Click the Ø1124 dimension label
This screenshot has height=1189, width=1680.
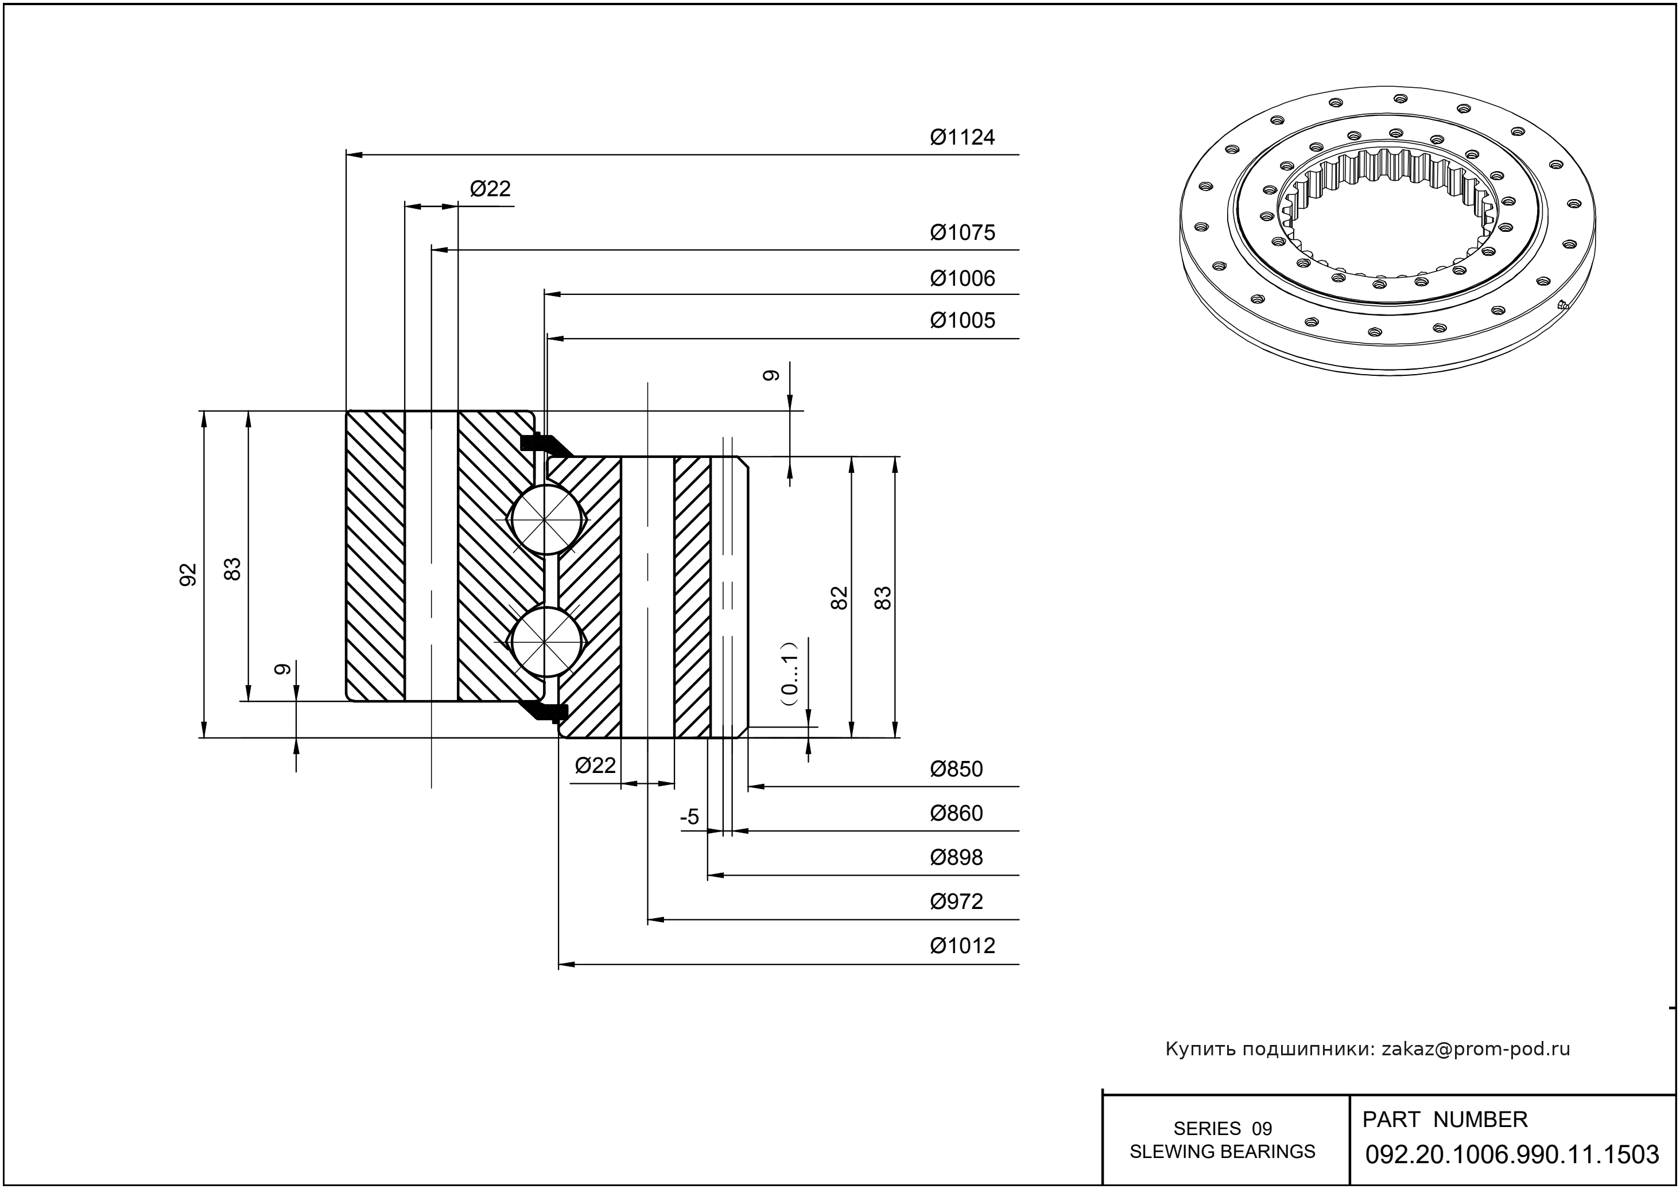point(963,138)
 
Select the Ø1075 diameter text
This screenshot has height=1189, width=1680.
point(963,233)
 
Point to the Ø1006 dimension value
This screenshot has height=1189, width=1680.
point(963,278)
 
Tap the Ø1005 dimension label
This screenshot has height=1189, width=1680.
point(963,321)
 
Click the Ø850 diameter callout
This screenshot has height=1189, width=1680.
point(956,770)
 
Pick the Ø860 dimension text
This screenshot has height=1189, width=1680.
point(956,813)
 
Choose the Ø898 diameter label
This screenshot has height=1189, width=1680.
point(956,857)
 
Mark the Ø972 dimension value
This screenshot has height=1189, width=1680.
point(956,902)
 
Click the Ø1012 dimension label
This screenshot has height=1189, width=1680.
point(963,946)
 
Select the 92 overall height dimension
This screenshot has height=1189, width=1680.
point(188,575)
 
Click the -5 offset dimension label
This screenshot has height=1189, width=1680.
point(690,817)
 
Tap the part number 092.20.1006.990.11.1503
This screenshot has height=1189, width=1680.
point(1512,1155)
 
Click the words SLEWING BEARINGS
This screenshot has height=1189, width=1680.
point(1223,1152)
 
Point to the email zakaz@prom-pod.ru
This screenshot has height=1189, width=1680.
point(1476,1049)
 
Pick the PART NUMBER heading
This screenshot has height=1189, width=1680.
point(1445,1120)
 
